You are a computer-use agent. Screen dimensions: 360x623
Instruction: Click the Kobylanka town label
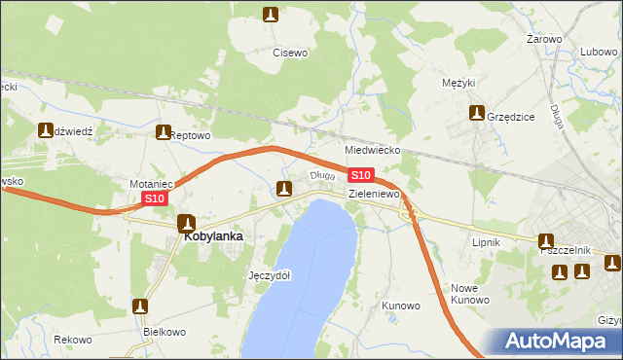pos(212,235)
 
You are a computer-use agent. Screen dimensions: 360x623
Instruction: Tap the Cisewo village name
pos(290,53)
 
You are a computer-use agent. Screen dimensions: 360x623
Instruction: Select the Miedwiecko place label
pos(374,151)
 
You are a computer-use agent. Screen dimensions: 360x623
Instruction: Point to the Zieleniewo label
pos(376,195)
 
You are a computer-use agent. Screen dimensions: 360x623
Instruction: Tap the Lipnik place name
pos(485,241)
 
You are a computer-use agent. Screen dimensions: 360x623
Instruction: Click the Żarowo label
pos(544,39)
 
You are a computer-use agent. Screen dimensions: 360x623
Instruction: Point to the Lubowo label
pos(600,52)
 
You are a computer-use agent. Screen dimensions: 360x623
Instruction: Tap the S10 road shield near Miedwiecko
pos(360,174)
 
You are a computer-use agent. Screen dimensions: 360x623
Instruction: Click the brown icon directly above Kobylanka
pos(186,223)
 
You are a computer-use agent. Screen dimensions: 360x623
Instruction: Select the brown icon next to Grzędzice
pos(476,114)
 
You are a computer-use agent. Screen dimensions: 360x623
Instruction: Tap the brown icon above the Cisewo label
pos(271,14)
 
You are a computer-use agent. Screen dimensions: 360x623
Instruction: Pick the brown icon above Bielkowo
pos(141,306)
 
